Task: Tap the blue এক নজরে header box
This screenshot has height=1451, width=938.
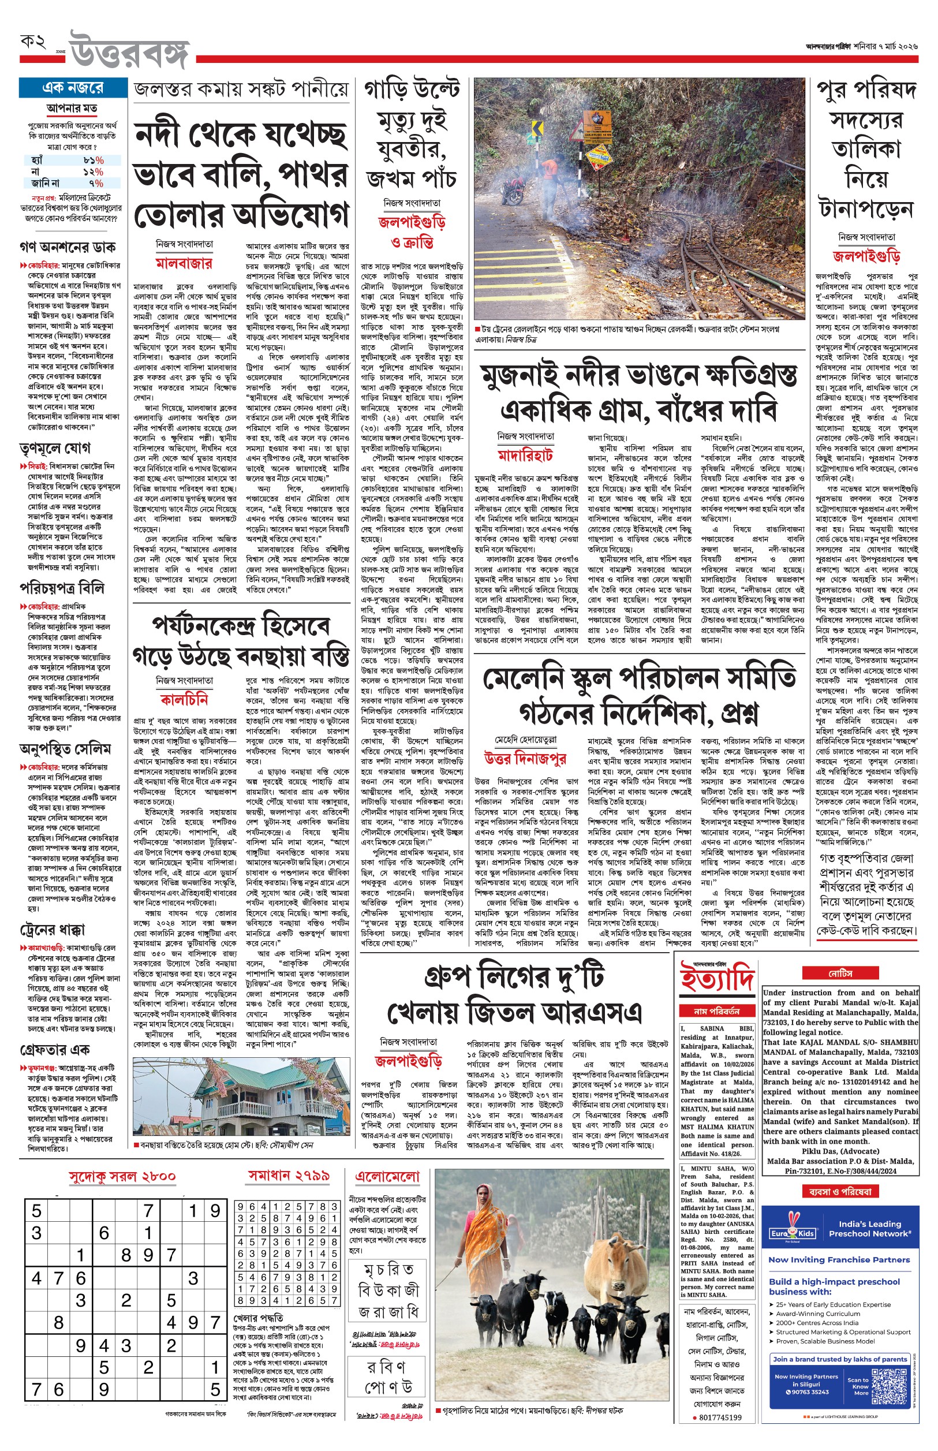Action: click(x=73, y=88)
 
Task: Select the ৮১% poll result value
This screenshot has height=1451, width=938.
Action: click(x=93, y=160)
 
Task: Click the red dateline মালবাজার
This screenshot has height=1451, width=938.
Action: click(x=184, y=263)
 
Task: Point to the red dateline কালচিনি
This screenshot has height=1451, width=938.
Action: click(x=184, y=699)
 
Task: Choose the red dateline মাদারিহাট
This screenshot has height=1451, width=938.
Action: click(x=525, y=455)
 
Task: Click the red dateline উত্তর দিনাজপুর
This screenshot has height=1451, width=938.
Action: click(x=525, y=758)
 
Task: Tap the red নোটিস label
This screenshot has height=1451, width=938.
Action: click(x=840, y=973)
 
